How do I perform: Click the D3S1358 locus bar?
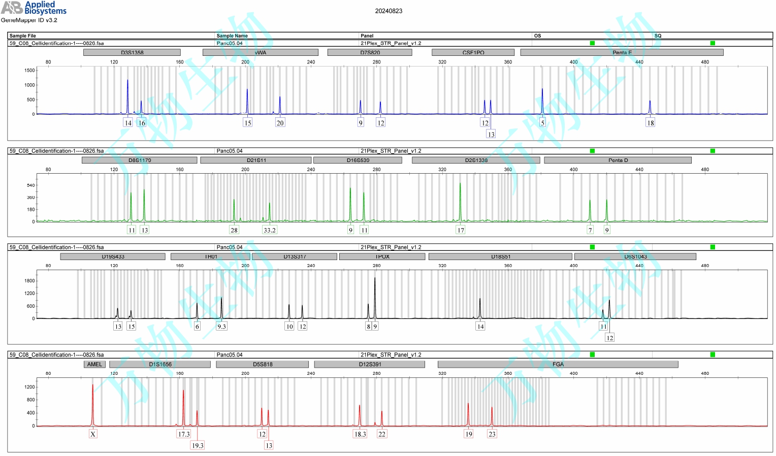coord(132,52)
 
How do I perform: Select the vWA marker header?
coord(260,52)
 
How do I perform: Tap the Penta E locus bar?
coord(622,52)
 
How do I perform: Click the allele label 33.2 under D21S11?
coord(270,230)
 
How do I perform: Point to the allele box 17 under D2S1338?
coord(461,230)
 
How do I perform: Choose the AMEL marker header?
coord(94,364)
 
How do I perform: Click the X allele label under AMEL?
coord(93,434)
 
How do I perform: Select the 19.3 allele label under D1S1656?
coord(198,445)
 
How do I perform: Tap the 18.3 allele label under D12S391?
coord(360,434)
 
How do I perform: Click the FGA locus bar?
coord(558,364)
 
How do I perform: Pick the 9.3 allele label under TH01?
coord(221,327)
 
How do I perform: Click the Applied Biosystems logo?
coord(34,8)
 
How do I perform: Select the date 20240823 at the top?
coord(389,11)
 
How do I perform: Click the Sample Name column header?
coord(232,36)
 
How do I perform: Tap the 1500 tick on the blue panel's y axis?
coord(29,71)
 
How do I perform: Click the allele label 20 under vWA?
coord(280,123)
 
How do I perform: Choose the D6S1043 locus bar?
coord(635,256)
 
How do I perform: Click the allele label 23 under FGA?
coord(492,434)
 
